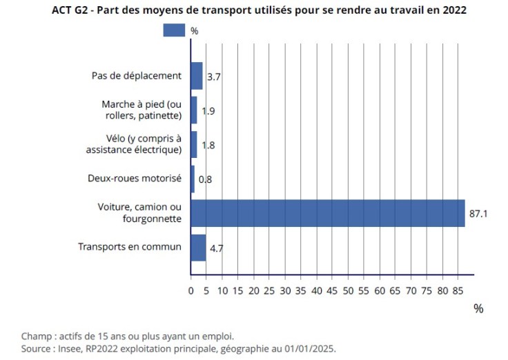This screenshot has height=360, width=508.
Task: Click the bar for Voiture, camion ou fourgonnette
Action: point(328,213)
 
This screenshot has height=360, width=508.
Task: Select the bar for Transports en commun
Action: point(198,248)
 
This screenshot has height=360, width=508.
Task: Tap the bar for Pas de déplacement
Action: point(197,76)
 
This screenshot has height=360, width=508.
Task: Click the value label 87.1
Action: point(479,214)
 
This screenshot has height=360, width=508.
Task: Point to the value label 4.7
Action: point(216,248)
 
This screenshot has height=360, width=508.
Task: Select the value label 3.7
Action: point(213,77)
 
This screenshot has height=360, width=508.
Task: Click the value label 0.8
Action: point(205,179)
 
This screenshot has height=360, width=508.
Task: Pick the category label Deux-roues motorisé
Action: point(135,178)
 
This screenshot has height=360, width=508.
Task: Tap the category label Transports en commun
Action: point(130,247)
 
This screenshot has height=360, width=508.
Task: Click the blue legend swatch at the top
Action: point(174,30)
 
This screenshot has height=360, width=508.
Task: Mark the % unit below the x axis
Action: point(478,309)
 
